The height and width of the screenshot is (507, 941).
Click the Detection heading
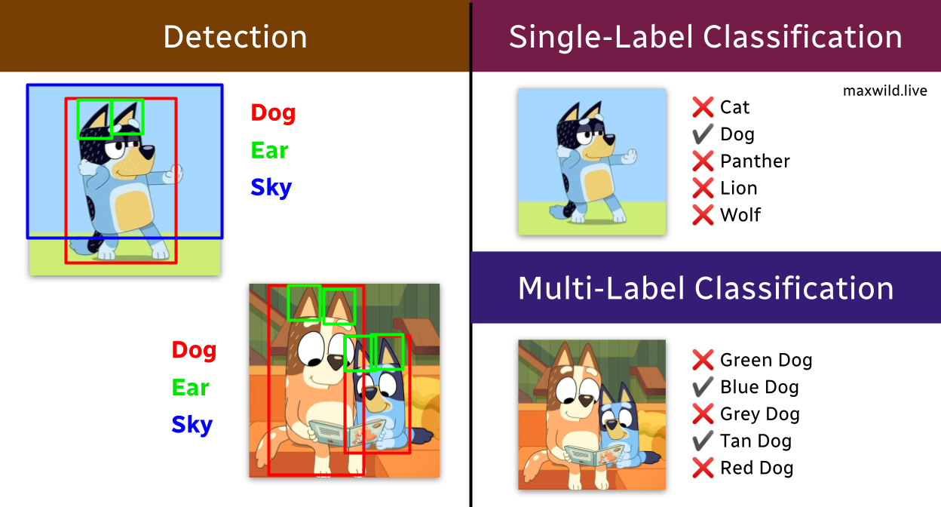pyautogui.click(x=235, y=37)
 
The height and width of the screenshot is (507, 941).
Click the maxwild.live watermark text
pyautogui.click(x=884, y=91)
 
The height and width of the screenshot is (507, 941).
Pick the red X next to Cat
pyautogui.click(x=703, y=107)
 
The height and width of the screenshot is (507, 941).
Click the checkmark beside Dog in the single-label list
pyautogui.click(x=703, y=134)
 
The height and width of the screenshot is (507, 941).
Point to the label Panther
pyautogui.click(x=755, y=161)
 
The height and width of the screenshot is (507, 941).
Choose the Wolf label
pyautogui.click(x=740, y=215)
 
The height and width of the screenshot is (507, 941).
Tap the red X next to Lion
pyautogui.click(x=703, y=188)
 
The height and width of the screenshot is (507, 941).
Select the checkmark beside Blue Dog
pyautogui.click(x=703, y=387)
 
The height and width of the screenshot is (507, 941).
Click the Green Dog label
pyautogui.click(x=766, y=361)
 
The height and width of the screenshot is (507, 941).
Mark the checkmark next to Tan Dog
pyautogui.click(x=703, y=441)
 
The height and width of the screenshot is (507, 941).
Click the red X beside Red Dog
pyautogui.click(x=703, y=468)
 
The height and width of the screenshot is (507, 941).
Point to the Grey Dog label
pyautogui.click(x=760, y=414)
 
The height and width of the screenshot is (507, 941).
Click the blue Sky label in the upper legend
pyautogui.click(x=271, y=188)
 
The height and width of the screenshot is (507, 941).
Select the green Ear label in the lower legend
pyautogui.click(x=190, y=388)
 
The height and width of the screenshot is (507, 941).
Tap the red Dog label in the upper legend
pyautogui.click(x=274, y=113)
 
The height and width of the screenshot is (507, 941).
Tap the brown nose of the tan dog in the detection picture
pyautogui.click(x=336, y=361)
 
